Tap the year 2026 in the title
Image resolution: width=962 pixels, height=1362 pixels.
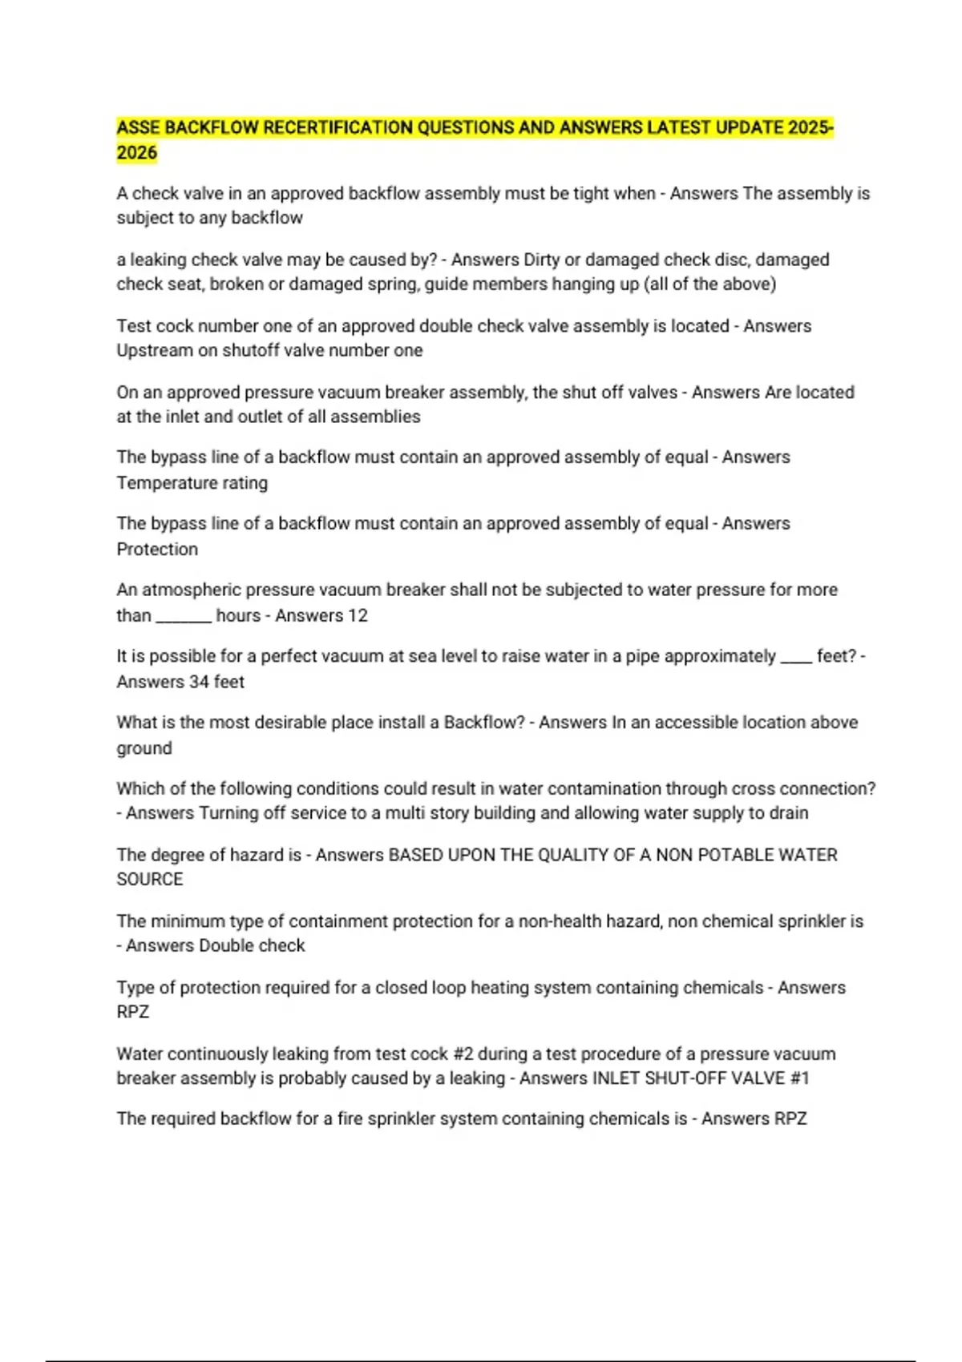click(x=136, y=153)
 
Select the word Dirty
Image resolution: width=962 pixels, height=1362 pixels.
click(x=541, y=260)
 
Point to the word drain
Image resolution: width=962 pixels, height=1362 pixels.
click(x=789, y=813)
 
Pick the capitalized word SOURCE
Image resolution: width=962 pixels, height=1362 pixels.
click(x=150, y=879)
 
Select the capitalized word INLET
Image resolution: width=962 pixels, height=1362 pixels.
click(x=616, y=1078)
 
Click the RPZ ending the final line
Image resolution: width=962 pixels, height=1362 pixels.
click(x=790, y=1118)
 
